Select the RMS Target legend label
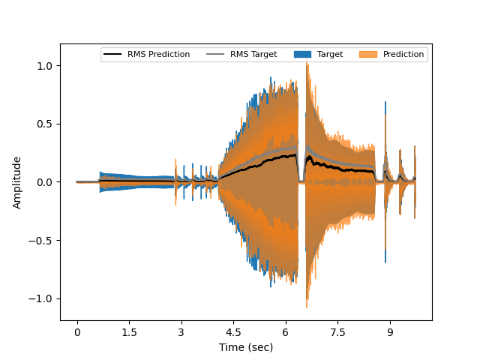coord(253,55)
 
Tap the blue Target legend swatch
coord(301,55)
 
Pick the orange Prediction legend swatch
coord(367,55)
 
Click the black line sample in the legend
coord(112,55)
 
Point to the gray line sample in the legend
coord(214,55)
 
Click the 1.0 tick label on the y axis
coord(44,66)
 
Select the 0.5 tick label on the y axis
coord(44,124)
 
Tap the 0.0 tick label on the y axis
coord(44,182)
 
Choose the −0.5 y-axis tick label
coord(41,241)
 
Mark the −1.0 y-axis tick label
coord(41,298)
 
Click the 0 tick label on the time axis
coord(76,331)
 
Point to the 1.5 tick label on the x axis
coord(129,331)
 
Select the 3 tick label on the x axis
coord(181,331)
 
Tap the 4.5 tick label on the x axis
coord(233,331)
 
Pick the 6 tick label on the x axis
coord(285,331)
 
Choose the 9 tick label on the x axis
coord(389,331)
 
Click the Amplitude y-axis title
coord(17,182)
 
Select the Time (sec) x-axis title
coord(246,347)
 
